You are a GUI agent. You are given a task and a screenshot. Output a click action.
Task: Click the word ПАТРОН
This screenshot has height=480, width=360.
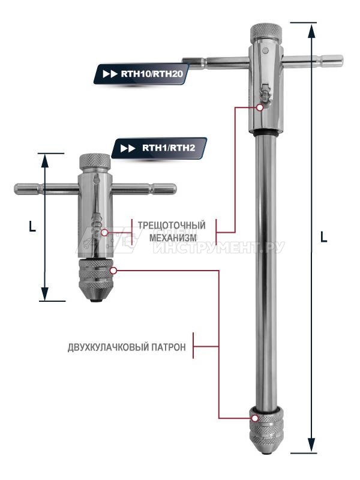coord(169,347)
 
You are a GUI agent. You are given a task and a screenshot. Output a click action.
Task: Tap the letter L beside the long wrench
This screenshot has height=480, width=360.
coord(323,237)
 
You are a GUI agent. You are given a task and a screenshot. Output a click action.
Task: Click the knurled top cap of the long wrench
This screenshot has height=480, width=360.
coord(265,31)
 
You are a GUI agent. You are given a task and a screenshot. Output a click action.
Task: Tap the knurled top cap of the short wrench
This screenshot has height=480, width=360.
coord(95,161)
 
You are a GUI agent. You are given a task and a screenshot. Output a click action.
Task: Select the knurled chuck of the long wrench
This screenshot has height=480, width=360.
coord(265,430)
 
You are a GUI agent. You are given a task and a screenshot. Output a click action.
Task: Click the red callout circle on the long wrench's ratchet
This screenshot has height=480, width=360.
coord(259,107)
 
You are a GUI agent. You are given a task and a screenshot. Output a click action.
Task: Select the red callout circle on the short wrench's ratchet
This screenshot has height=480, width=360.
coord(104,232)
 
